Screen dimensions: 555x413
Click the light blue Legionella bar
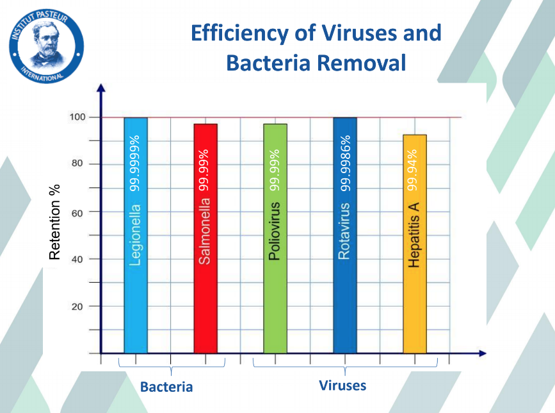136,235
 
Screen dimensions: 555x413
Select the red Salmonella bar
205,239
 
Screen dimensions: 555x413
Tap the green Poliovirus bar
275,239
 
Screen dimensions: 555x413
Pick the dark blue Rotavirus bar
345,235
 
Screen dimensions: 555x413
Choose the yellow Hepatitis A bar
415,244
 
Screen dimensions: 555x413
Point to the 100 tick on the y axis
77,117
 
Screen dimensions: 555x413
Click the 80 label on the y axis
77,164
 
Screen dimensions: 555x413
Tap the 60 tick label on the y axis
77,213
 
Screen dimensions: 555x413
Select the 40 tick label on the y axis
77,259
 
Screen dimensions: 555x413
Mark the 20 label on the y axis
77,307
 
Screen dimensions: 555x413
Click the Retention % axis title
54,223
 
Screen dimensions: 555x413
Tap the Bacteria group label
166,387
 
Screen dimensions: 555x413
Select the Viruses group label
342,385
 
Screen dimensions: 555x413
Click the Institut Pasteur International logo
46,46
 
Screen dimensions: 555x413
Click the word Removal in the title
362,63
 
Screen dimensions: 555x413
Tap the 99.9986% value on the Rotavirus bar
345,163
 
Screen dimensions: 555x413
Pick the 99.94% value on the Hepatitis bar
412,170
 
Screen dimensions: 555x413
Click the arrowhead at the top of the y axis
101,88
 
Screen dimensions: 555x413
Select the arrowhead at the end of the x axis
483,353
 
